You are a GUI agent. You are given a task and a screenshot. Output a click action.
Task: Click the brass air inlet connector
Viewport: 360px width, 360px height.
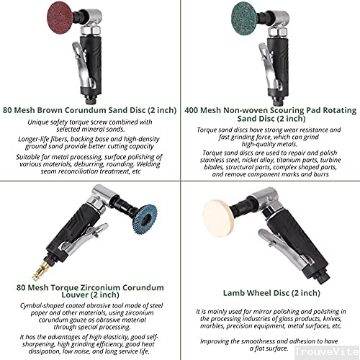[x=40, y=270]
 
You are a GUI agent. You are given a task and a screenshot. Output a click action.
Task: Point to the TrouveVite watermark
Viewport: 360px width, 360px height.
[x=327, y=351]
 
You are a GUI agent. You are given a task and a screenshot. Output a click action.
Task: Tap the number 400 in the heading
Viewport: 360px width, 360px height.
[x=192, y=110]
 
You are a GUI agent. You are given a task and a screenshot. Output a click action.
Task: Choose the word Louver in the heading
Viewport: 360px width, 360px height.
[x=76, y=294]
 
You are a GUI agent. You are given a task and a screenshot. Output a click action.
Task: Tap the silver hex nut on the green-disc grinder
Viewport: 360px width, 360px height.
[x=278, y=31]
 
